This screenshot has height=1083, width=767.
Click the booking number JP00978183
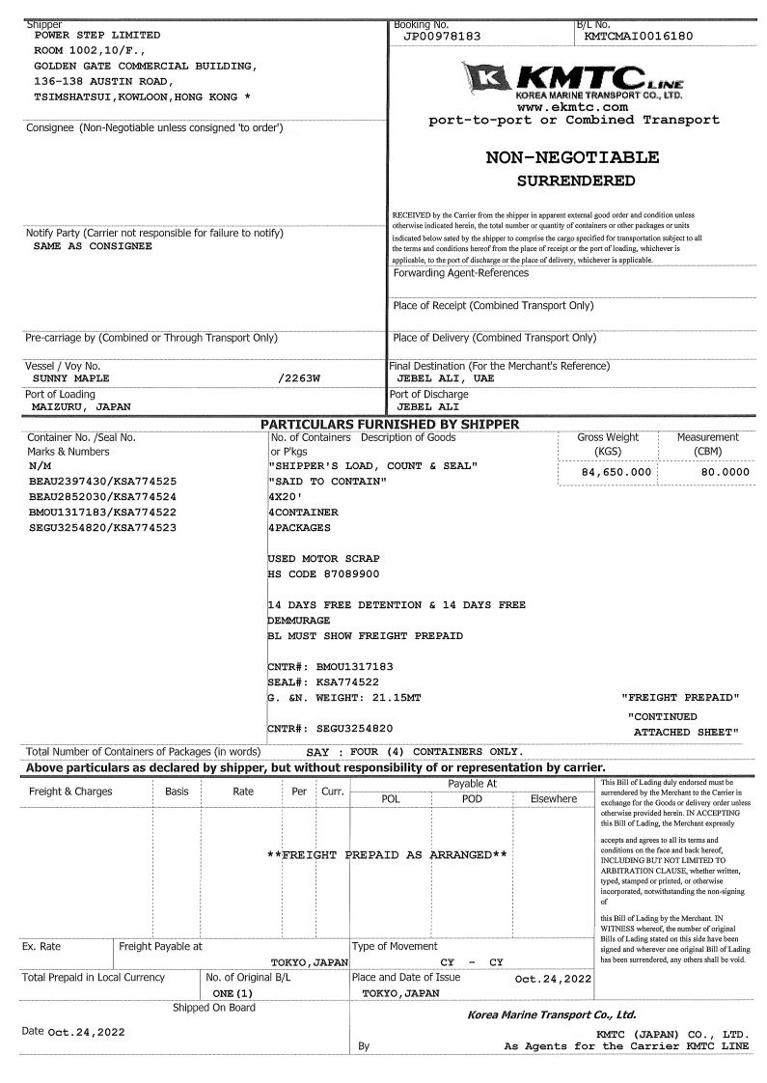[441, 37]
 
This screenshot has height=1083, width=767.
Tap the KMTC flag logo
[486, 76]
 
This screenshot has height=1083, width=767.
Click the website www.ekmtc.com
[573, 107]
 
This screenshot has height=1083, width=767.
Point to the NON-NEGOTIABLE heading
[572, 157]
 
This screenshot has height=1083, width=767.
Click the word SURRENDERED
[576, 180]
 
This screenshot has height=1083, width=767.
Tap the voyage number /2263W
[298, 378]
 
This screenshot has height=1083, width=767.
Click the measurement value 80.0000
[711, 472]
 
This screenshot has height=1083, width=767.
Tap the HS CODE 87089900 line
[323, 574]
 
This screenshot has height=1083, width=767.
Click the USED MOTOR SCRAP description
[323, 559]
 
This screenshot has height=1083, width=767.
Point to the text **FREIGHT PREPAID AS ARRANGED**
[387, 855]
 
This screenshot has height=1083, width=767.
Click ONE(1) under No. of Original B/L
[233, 992]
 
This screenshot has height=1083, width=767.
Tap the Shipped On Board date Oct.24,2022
[86, 1032]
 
